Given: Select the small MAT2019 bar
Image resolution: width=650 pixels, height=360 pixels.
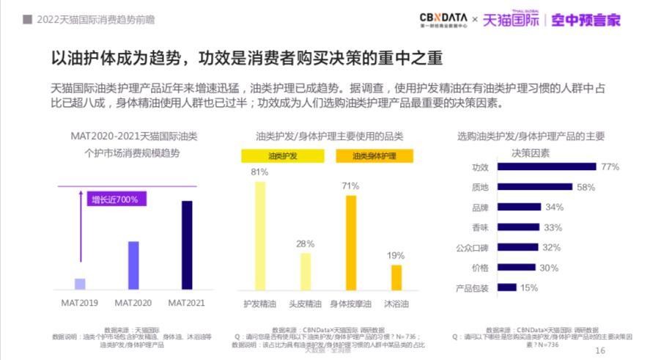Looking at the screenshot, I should (80, 284).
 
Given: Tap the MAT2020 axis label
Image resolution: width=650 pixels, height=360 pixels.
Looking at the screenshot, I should (133, 303).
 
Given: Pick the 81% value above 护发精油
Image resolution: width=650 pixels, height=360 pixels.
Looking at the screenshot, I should (259, 172).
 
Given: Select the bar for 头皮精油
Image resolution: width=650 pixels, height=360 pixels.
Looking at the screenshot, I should (306, 271).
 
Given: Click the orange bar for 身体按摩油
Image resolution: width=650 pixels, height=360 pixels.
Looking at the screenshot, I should (350, 243).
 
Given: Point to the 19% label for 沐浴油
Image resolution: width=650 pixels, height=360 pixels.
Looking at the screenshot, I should (396, 255).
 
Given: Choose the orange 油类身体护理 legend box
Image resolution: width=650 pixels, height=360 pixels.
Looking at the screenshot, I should (374, 156).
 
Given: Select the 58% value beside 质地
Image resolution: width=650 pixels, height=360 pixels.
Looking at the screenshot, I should (586, 187).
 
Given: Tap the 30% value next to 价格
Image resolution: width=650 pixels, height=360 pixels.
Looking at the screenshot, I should (548, 268).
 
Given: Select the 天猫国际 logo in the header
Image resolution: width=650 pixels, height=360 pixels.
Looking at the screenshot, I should (510, 20).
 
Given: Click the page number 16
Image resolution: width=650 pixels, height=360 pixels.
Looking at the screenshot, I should (600, 350).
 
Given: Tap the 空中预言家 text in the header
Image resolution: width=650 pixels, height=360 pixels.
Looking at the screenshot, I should (586, 20).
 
